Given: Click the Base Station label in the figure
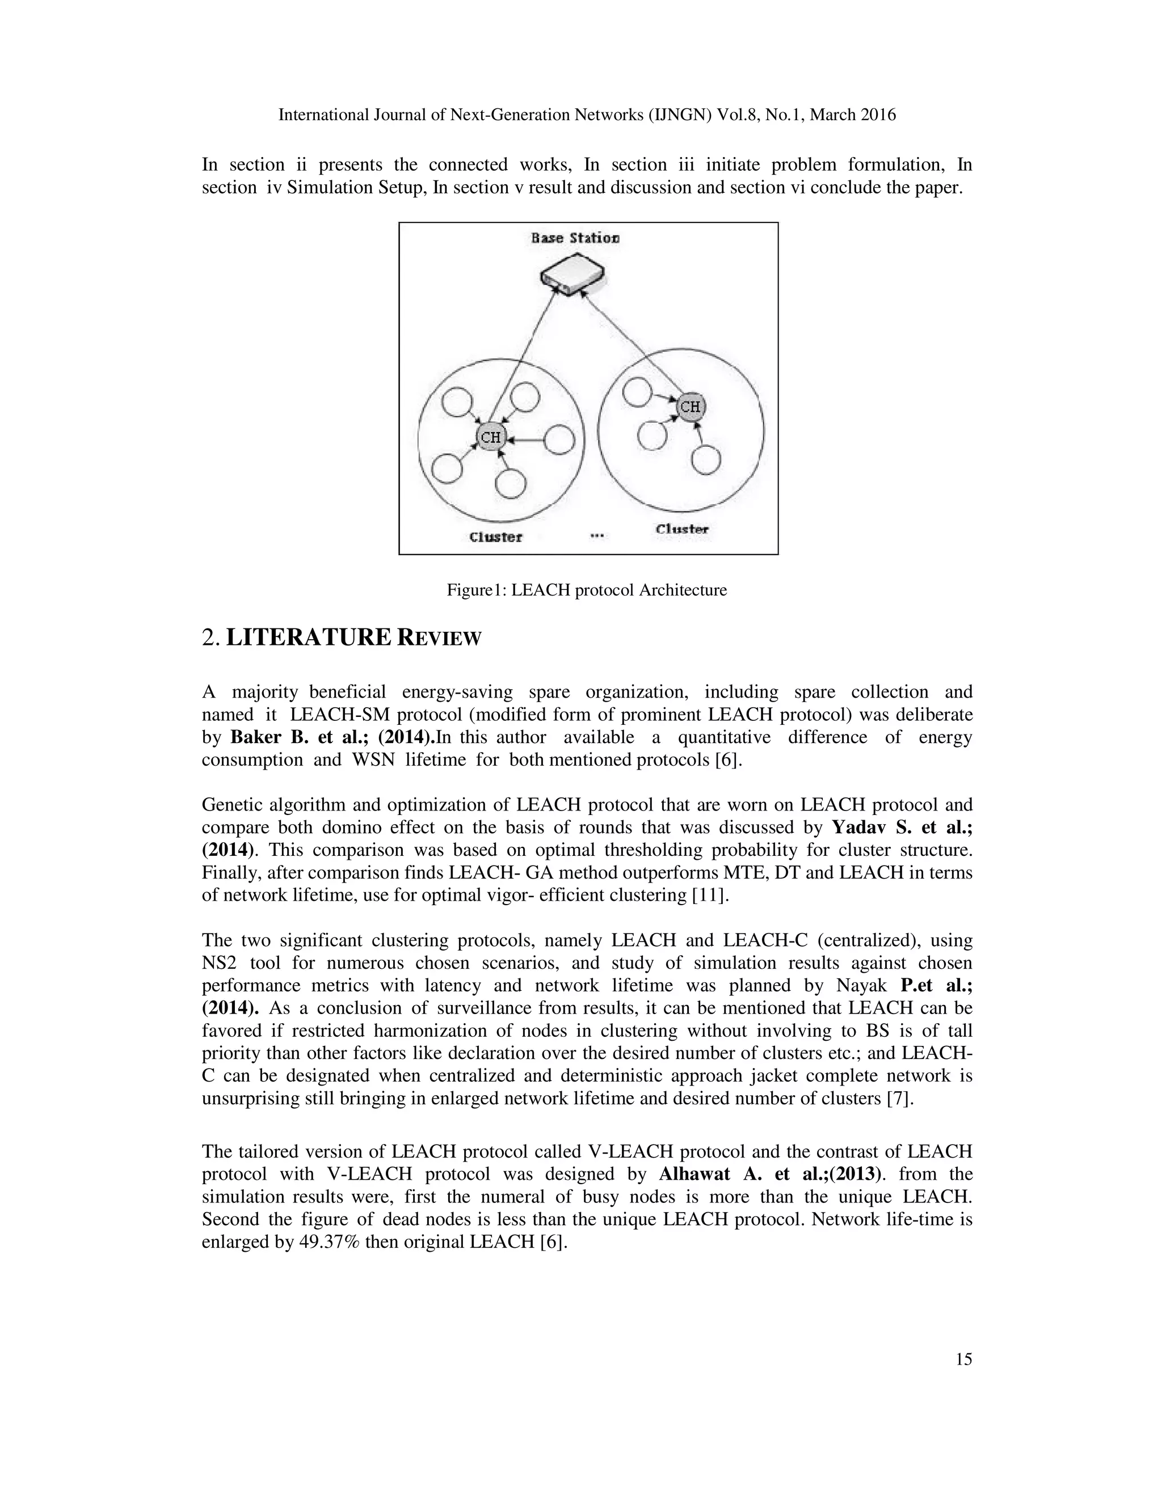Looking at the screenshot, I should click(575, 238).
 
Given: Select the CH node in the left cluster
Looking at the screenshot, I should click(490, 437).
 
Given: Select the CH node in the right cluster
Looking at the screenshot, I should click(691, 407).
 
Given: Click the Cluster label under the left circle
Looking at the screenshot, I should click(496, 537).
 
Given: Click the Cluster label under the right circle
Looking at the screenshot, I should click(681, 529).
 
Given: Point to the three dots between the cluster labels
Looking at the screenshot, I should click(597, 535).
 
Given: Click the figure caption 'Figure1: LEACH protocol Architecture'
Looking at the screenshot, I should click(587, 590).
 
